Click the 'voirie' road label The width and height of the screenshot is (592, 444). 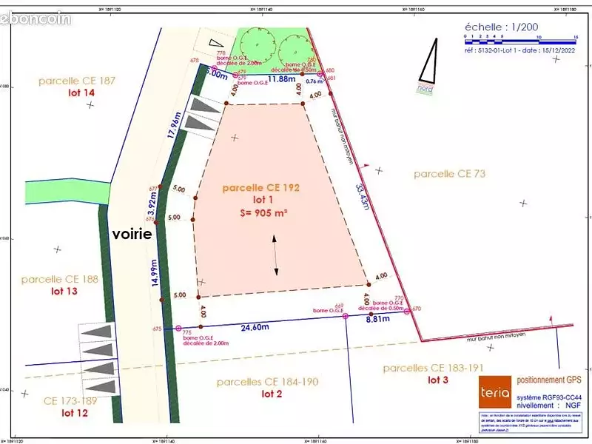tap(132, 234)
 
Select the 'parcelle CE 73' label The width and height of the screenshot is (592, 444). tap(449, 174)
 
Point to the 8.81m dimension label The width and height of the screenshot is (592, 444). tap(377, 320)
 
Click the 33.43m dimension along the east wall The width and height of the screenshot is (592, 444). tap(362, 196)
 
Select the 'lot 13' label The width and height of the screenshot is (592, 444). tap(60, 292)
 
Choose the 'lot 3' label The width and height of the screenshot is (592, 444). tap(438, 380)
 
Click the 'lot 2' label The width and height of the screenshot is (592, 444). tap(272, 394)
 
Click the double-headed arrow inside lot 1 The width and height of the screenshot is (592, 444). tap(276, 256)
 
